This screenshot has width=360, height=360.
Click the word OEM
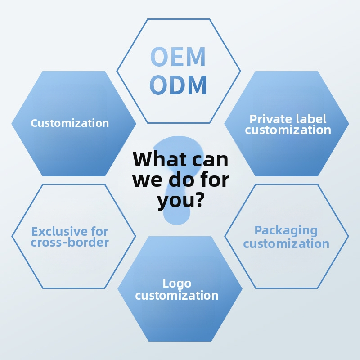178,57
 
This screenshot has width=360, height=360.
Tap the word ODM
178,85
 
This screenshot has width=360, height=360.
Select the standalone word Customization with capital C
70,123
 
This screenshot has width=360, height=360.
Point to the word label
311,119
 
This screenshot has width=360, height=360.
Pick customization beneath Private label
288,130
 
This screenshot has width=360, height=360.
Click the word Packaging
286,231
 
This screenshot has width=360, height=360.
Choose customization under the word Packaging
286,244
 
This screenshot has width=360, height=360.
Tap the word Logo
177,284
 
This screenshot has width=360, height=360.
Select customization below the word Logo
177,296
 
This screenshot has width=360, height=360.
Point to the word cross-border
70,243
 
